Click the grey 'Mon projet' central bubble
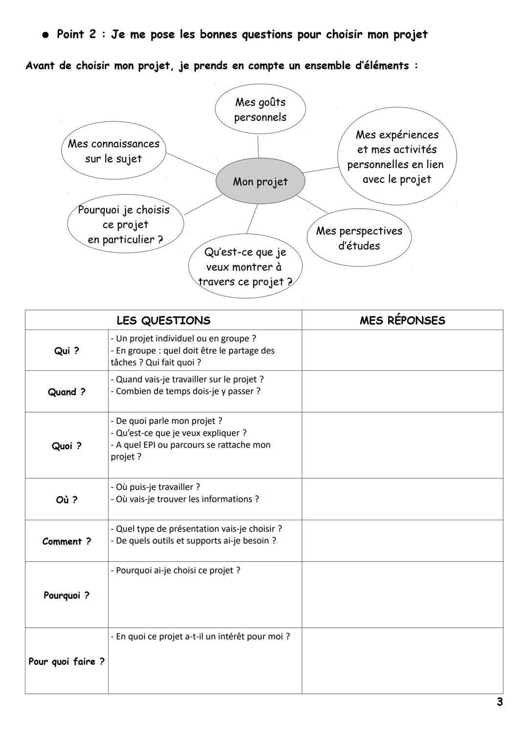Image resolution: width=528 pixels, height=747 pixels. [260, 181]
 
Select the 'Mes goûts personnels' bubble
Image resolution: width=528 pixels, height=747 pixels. [260, 110]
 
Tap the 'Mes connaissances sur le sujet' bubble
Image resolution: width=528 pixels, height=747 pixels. [113, 151]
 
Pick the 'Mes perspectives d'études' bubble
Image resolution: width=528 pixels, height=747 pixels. [359, 238]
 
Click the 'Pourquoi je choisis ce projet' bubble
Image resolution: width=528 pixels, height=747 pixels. [125, 224]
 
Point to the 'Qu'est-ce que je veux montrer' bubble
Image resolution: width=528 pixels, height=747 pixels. [245, 267]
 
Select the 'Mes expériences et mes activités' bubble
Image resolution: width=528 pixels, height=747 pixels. [396, 157]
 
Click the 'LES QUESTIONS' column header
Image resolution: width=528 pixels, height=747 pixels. [163, 321]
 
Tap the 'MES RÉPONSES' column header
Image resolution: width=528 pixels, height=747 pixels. [402, 321]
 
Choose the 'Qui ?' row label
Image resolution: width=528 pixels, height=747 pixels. [66, 351]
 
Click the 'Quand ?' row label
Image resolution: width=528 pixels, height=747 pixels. [66, 392]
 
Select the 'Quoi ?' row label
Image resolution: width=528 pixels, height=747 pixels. [66, 446]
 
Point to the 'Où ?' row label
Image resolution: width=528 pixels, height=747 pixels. [66, 500]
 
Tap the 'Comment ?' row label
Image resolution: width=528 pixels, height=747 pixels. [66, 541]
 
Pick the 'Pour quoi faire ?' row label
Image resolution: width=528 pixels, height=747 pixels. [66, 661]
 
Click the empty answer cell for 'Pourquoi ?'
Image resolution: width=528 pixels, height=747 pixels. [402, 595]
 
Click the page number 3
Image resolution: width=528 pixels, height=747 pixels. [499, 702]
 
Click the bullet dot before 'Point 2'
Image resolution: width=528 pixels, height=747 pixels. [45, 35]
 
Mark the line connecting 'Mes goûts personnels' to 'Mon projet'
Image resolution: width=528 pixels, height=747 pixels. [258, 146]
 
